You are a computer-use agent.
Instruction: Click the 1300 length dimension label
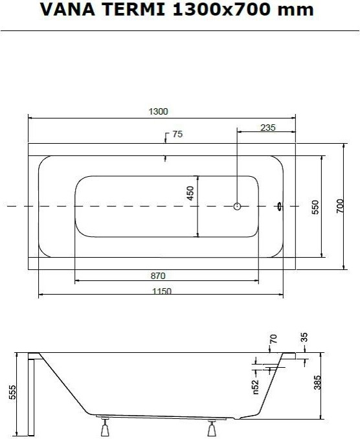(158, 111)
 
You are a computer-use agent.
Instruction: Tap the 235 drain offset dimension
(268, 128)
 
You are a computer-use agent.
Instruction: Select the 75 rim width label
(177, 134)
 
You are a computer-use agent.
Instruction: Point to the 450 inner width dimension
(190, 193)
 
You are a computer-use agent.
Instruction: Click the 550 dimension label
(315, 207)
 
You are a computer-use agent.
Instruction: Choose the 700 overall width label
(340, 206)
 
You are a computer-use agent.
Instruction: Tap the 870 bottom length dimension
(158, 276)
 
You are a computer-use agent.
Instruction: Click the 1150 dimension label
(161, 291)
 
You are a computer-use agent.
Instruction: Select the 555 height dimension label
(12, 392)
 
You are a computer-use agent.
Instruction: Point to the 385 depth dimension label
(317, 383)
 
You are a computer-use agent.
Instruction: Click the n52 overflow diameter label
(256, 387)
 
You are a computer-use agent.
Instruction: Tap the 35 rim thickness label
(304, 337)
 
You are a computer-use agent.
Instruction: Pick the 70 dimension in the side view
(273, 339)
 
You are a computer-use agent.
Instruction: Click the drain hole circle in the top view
(237, 207)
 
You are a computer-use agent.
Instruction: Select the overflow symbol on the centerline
(279, 207)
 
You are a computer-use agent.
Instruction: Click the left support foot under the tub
(105, 427)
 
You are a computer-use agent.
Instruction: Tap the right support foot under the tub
(212, 429)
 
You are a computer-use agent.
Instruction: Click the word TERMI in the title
(133, 9)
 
